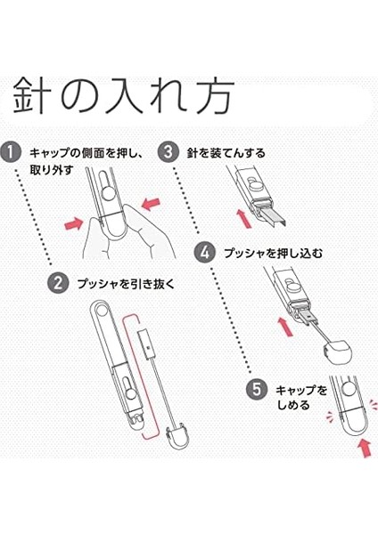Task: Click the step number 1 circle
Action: pyautogui.click(x=11, y=151)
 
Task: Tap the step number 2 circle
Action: pyautogui.click(x=58, y=283)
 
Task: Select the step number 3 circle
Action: pyautogui.click(x=168, y=151)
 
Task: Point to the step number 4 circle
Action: pyautogui.click(x=205, y=253)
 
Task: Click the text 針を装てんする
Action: pyautogui.click(x=226, y=153)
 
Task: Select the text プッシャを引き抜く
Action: pyautogui.click(x=126, y=284)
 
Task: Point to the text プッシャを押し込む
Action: pyautogui.click(x=274, y=253)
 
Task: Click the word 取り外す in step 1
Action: pyautogui.click(x=52, y=170)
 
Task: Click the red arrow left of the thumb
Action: pyautogui.click(x=74, y=224)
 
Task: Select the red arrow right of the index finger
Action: pyautogui.click(x=151, y=203)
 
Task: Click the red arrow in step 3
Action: pyautogui.click(x=244, y=219)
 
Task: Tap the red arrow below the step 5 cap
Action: pyautogui.click(x=366, y=448)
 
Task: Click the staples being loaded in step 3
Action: pyautogui.click(x=273, y=217)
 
